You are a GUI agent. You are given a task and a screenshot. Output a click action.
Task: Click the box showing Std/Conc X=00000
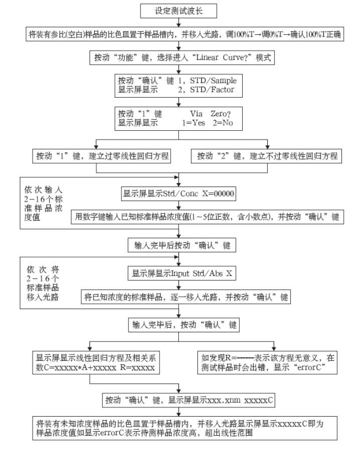click(x=179, y=193)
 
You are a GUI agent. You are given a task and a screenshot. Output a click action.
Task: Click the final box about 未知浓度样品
click(x=181, y=429)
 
